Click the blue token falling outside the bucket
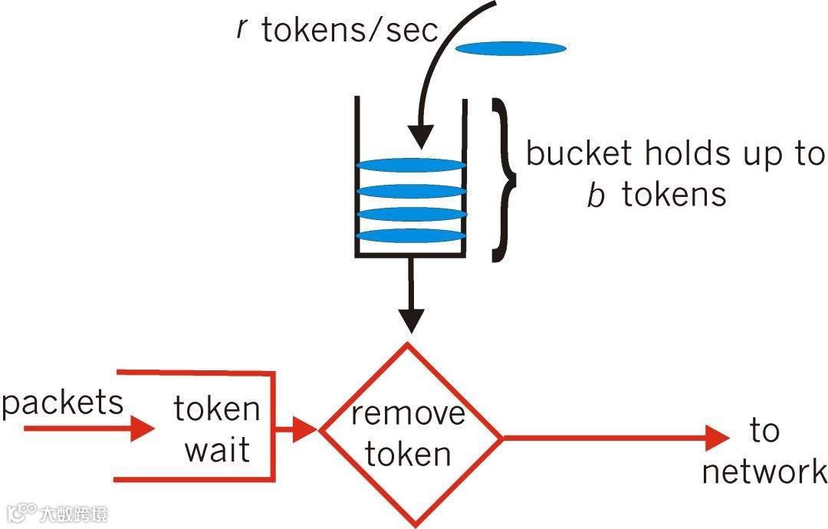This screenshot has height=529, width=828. pyautogui.click(x=511, y=49)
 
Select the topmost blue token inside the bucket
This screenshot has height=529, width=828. pyautogui.click(x=412, y=165)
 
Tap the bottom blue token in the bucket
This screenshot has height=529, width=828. pyautogui.click(x=412, y=235)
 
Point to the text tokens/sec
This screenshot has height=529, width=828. pyautogui.click(x=350, y=30)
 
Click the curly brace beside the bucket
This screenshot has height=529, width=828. pyautogui.click(x=504, y=179)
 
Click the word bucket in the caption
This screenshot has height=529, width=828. pyautogui.click(x=580, y=154)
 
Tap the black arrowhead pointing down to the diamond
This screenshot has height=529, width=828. pyautogui.click(x=412, y=320)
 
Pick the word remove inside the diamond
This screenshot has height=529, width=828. pyautogui.click(x=408, y=414)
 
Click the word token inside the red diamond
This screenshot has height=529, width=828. pyautogui.click(x=408, y=454)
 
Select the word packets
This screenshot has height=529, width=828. pyautogui.click(x=63, y=402)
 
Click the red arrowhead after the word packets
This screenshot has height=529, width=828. pyautogui.click(x=143, y=429)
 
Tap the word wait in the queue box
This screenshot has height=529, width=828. pyautogui.click(x=217, y=450)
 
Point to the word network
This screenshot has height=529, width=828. pyautogui.click(x=764, y=472)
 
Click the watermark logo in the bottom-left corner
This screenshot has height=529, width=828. pyautogui.click(x=22, y=512)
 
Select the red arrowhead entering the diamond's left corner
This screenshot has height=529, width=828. pyautogui.click(x=307, y=430)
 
